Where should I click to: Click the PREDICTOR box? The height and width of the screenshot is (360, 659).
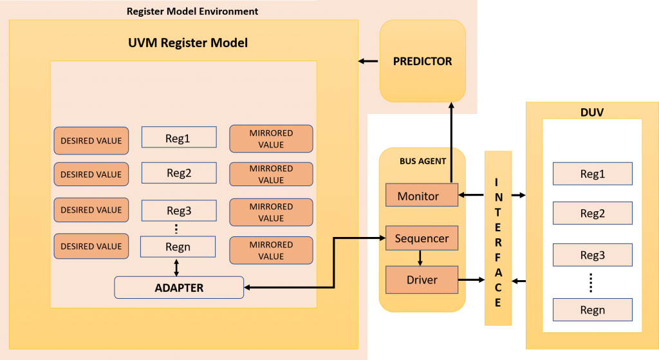tap(422, 61)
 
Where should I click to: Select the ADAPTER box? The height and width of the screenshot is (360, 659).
tap(179, 287)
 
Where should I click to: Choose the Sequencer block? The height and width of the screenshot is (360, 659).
tap(422, 238)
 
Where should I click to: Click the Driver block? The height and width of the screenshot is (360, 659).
tap(422, 279)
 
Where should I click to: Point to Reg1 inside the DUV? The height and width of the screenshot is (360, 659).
tap(592, 174)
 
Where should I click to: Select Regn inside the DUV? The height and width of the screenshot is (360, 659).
tap(592, 310)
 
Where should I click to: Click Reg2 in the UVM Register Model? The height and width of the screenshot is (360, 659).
tap(179, 173)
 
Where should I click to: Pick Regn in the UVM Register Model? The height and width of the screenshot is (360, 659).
tap(178, 246)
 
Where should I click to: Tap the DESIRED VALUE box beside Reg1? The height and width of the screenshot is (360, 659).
tap(91, 140)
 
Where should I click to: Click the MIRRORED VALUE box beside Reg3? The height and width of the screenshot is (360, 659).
tap(271, 213)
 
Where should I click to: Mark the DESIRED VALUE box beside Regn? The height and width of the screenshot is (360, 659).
tap(91, 246)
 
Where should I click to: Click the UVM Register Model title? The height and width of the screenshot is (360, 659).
tap(187, 43)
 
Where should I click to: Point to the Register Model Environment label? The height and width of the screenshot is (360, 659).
tap(192, 11)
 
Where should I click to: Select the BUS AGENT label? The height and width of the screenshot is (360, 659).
tap(423, 161)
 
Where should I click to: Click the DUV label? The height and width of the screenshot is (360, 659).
tap(592, 112)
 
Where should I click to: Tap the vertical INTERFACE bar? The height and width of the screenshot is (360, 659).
tap(498, 238)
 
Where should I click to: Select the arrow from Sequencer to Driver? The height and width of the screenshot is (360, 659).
tap(420, 258)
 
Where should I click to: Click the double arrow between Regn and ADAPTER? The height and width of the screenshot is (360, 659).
tap(176, 267)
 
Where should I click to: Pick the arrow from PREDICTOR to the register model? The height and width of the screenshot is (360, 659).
tap(368, 61)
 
